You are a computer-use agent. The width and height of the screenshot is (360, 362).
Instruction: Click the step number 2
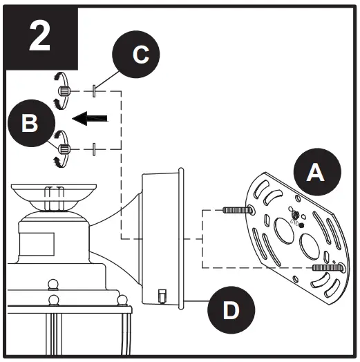tap(40, 37)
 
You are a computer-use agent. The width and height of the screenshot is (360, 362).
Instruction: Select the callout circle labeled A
tap(315, 173)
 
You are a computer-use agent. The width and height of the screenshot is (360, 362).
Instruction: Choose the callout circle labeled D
tap(231, 309)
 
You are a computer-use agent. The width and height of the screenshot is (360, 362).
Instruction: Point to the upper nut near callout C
tap(63, 91)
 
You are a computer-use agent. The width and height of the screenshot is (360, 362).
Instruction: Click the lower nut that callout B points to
tap(63, 148)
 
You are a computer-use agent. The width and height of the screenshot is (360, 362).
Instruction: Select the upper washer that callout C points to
tap(93, 91)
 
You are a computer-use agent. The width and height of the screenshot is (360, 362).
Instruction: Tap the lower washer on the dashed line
tap(93, 148)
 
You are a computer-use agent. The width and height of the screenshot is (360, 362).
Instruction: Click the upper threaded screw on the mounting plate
tap(235, 209)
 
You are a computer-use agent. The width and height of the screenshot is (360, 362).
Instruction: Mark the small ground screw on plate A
tap(295, 217)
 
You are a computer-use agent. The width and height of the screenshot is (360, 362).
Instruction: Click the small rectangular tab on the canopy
tap(161, 296)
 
